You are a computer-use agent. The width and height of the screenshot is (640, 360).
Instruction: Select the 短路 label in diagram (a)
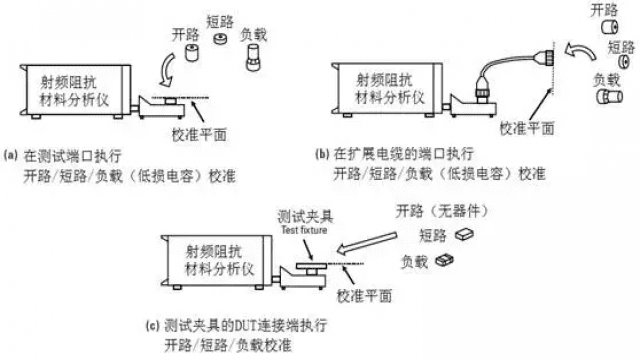pyautogui.click(x=219, y=19)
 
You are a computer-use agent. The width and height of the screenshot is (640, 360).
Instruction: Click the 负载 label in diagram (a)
pyautogui.click(x=253, y=35)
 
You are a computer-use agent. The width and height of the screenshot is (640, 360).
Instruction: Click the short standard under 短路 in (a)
pyautogui.click(x=218, y=41)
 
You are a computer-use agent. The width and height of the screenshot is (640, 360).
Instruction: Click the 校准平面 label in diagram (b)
pyautogui.click(x=527, y=129)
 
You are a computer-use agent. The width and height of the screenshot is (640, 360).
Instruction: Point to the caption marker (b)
pyautogui.click(x=322, y=155)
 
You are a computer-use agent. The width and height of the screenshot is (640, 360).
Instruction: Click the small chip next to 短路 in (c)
pyautogui.click(x=462, y=234)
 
